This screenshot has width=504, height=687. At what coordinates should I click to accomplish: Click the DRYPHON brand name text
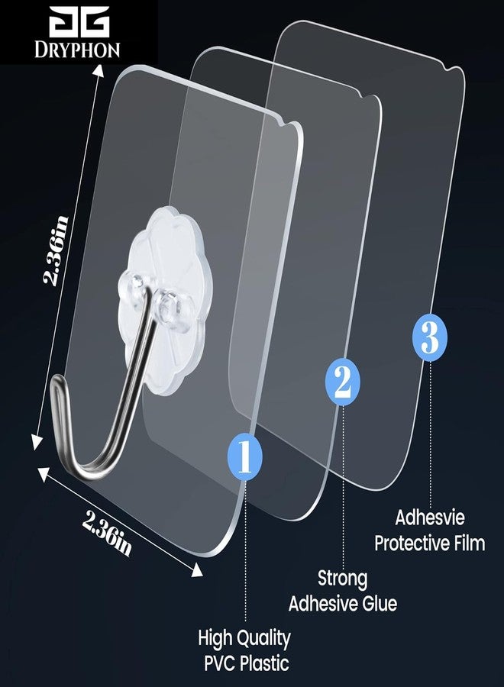click(x=77, y=50)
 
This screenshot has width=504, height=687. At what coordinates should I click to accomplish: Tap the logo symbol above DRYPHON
click(x=79, y=22)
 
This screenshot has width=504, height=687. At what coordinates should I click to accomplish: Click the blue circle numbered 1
click(x=245, y=456)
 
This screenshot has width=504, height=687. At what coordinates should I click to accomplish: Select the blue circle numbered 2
click(x=342, y=382)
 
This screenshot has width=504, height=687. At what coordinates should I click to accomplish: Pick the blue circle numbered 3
click(x=429, y=337)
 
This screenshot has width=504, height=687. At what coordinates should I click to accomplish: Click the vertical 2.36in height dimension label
click(x=56, y=250)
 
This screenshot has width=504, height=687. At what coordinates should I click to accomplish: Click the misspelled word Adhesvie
click(x=429, y=518)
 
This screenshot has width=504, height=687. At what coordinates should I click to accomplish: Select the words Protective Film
click(x=429, y=543)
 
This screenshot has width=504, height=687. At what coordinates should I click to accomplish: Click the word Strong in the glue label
click(x=342, y=579)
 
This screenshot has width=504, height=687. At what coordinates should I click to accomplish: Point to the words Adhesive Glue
click(x=343, y=604)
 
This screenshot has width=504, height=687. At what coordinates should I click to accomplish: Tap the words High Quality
click(x=244, y=638)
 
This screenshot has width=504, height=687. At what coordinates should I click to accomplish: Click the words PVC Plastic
click(x=247, y=663)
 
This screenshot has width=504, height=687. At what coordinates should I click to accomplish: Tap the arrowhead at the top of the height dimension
click(x=99, y=70)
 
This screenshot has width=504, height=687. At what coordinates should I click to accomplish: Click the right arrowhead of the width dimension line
click(x=196, y=569)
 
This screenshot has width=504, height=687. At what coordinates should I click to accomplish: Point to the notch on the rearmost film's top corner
click(x=448, y=69)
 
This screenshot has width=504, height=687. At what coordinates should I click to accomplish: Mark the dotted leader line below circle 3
click(x=430, y=434)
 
